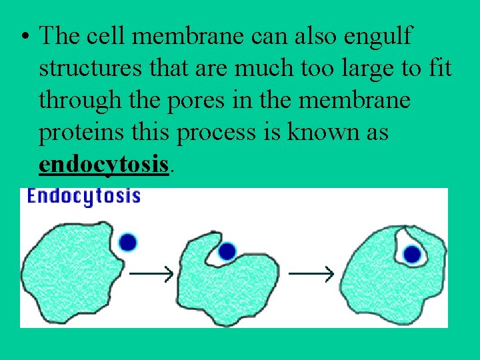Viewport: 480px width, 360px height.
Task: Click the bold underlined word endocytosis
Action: pos(103,163)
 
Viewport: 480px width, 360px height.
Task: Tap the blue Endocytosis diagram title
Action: pos(83,196)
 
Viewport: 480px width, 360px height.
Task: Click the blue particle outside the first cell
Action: pos(127,242)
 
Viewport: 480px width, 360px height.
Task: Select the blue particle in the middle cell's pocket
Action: pos(227,251)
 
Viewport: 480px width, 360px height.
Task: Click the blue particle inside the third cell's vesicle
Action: pos(412,254)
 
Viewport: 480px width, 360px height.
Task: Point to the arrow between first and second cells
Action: pos(151,273)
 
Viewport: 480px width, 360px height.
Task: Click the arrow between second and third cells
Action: pos(310,273)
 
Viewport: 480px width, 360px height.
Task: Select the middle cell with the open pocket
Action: pos(227,283)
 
